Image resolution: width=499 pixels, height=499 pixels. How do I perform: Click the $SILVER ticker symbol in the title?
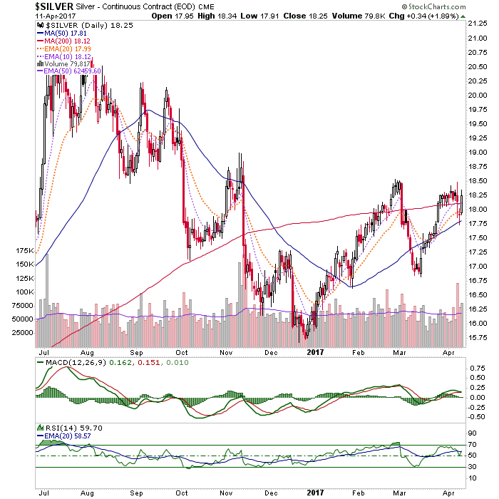[54, 6]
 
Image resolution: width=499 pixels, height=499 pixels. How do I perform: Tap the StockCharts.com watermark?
[433, 6]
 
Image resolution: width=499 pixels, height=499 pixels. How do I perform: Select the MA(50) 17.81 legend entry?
[62, 33]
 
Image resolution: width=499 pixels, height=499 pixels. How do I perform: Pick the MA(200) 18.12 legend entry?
[63, 41]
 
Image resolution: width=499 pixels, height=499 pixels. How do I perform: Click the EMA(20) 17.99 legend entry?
[64, 49]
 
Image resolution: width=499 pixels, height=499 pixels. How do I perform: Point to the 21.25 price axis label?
[478, 24]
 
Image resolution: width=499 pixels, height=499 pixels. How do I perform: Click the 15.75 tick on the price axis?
[478, 337]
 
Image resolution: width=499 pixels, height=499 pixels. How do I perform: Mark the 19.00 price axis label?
[478, 152]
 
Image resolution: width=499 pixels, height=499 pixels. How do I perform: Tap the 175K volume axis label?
[24, 251]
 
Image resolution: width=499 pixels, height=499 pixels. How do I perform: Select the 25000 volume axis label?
[22, 333]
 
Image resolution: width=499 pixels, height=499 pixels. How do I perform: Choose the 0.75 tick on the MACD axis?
[478, 369]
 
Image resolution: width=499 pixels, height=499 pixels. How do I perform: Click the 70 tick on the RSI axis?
[472, 445]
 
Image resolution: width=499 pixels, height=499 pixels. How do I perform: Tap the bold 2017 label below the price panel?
[315, 352]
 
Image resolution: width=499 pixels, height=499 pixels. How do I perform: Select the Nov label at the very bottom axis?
[226, 493]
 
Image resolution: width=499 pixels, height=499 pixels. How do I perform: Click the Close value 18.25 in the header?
[318, 16]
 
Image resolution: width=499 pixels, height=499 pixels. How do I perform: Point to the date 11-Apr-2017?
[56, 16]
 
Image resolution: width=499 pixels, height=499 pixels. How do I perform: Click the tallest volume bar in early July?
[47, 300]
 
